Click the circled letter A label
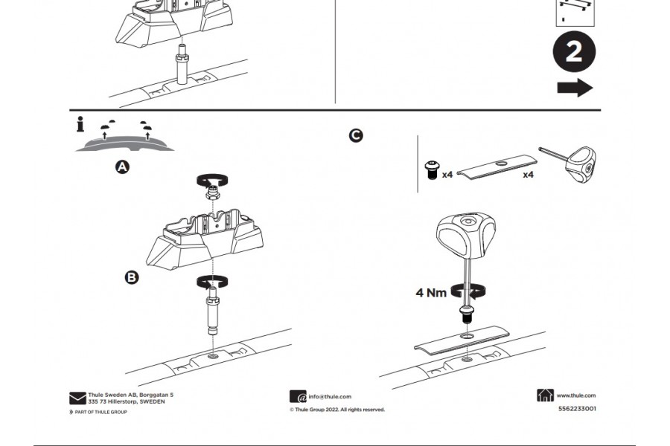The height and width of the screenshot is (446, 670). [122, 167]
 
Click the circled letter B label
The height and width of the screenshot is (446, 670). [131, 277]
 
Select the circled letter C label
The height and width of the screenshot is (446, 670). [356, 135]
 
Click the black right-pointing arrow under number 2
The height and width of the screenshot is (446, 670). [575, 88]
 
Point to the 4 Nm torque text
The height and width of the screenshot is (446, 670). [431, 292]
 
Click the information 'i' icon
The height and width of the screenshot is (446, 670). [80, 125]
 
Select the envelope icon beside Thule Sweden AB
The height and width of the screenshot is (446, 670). [77, 398]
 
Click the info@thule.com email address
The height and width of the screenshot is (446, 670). [330, 397]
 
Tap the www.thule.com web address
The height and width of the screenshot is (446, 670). [576, 395]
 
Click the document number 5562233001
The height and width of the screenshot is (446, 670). [577, 408]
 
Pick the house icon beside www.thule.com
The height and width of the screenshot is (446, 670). [545, 395]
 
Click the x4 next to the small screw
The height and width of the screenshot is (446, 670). [447, 175]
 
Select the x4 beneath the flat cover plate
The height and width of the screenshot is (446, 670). [528, 175]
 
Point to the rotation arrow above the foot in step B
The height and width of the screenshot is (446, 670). [213, 179]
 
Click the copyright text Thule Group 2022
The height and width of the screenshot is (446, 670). [337, 410]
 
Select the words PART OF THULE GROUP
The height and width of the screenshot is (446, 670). [100, 412]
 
